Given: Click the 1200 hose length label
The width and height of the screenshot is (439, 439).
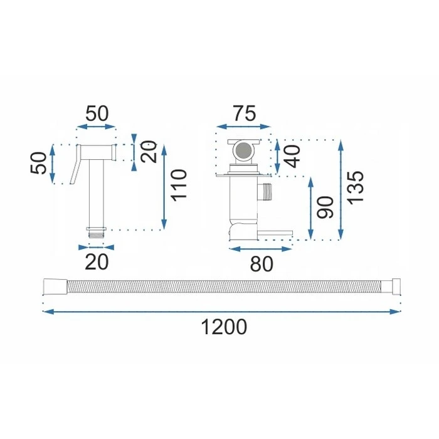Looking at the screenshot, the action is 224,327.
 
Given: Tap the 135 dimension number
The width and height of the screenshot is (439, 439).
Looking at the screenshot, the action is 356,187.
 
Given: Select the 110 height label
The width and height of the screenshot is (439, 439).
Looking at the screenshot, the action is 179,185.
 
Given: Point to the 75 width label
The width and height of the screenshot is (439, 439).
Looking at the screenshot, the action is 245,114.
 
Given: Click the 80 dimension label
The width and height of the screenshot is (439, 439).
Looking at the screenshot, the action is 262,264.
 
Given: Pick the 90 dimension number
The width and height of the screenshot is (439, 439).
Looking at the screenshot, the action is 325,207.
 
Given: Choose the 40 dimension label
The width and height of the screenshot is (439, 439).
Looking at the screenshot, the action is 292,157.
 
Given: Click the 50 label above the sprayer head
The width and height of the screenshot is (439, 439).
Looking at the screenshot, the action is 97,114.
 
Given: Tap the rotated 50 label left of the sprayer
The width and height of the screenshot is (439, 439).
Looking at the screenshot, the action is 38,163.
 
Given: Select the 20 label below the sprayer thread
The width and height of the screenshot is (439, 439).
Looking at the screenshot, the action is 97,262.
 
